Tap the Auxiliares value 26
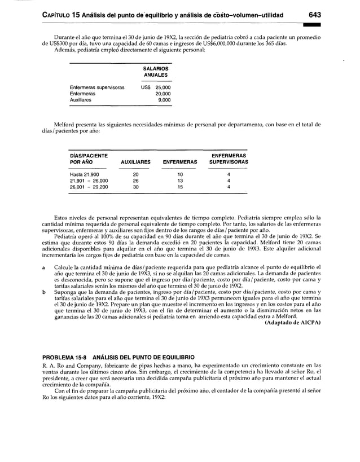tap(135, 181)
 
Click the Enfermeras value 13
tap(179, 181)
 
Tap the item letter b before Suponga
tap(43, 292)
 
